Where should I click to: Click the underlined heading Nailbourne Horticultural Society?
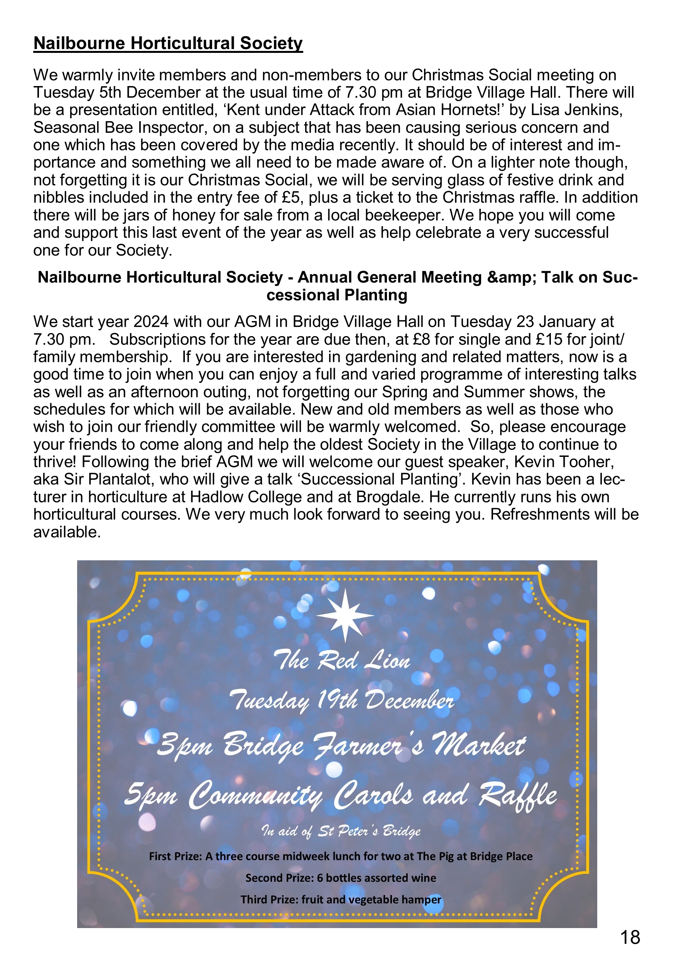[168, 43]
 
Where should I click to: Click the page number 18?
[630, 937]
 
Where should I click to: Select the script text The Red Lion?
[341, 661]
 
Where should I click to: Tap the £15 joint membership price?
[549, 339]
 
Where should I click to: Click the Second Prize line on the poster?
[341, 878]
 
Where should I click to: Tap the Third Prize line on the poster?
[341, 900]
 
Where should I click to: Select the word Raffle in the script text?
[517, 795]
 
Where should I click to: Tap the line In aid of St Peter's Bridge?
[341, 832]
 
